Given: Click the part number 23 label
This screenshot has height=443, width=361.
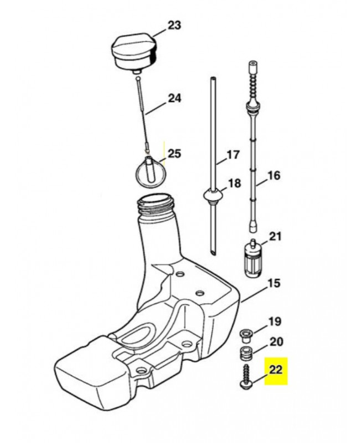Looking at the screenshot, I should pyautogui.click(x=174, y=25).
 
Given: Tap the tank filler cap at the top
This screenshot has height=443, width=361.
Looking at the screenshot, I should pyautogui.click(x=135, y=50).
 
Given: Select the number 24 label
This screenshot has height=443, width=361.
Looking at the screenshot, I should pyautogui.click(x=174, y=99).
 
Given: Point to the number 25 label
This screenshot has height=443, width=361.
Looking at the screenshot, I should pyautogui.click(x=174, y=153).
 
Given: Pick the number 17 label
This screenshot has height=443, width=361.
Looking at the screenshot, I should pyautogui.click(x=234, y=156).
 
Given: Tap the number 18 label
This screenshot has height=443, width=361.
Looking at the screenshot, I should pyautogui.click(x=234, y=183).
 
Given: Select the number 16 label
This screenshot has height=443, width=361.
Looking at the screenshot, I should pyautogui.click(x=274, y=176).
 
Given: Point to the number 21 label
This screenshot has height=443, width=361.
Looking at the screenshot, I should pyautogui.click(x=275, y=237).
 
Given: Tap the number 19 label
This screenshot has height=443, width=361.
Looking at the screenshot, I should pyautogui.click(x=275, y=321).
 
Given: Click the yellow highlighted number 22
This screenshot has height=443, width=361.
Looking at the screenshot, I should pyautogui.click(x=276, y=369).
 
